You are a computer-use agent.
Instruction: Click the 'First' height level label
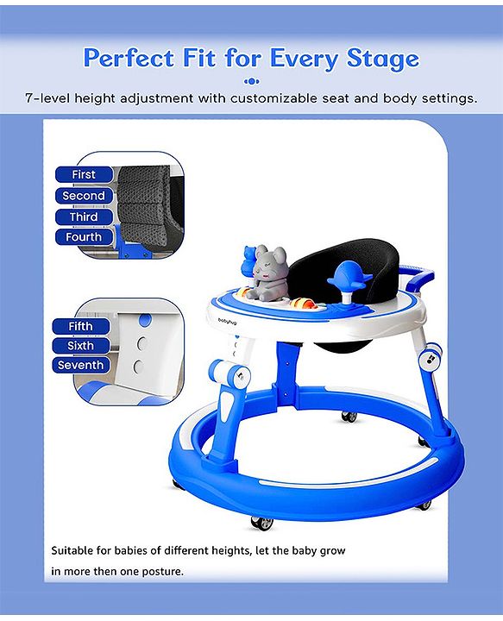click(x=84, y=174)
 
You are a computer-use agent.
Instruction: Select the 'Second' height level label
click(x=84, y=196)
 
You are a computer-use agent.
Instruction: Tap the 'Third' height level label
click(x=84, y=217)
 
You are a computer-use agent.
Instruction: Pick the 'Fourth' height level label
click(x=84, y=237)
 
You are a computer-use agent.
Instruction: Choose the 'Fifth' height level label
click(x=80, y=326)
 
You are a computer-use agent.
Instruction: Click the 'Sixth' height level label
click(x=80, y=346)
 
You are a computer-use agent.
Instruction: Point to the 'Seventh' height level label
click(x=80, y=365)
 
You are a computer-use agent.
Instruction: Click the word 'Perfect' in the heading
click(x=129, y=59)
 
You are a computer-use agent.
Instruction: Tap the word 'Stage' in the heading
click(x=382, y=59)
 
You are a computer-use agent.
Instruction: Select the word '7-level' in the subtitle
click(x=47, y=97)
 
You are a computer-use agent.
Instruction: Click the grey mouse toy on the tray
click(x=267, y=272)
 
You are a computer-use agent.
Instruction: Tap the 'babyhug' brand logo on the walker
click(x=227, y=322)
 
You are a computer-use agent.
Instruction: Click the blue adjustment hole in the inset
click(x=145, y=320)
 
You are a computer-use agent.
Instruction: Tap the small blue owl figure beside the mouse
click(x=249, y=262)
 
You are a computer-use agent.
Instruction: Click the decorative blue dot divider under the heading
click(x=252, y=82)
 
